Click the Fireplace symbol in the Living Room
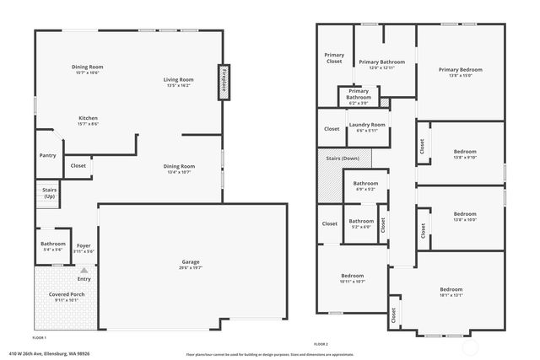[x=224, y=83]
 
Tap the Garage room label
[x=191, y=261]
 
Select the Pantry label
[x=48, y=155]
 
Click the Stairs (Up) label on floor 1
[x=49, y=193]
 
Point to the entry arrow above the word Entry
[x=84, y=270]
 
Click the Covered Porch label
[x=55, y=293]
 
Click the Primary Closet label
[x=334, y=58]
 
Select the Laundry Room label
[x=367, y=125]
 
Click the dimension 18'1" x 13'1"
[x=451, y=296]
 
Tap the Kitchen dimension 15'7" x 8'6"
[x=88, y=124]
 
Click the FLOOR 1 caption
[x=40, y=337]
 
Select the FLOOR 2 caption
[x=321, y=344]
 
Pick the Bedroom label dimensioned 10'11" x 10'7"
[x=353, y=276]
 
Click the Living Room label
[x=179, y=79]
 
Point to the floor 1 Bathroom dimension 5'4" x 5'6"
[x=52, y=250]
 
